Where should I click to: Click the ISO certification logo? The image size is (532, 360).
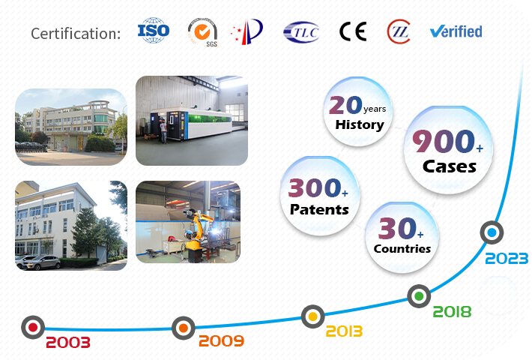point(154,31)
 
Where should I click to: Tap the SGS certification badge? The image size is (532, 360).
point(203,32)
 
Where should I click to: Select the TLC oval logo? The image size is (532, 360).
point(301,32)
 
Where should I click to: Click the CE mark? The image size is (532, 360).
point(353,31)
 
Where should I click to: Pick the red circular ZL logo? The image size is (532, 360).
point(399,31)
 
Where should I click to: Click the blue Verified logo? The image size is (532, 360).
point(456,31)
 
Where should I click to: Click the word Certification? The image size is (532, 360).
point(76,34)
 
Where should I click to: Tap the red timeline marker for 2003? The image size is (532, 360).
point(33,328)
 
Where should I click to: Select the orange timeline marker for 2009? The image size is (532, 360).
point(184,328)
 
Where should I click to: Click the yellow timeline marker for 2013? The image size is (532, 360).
point(312,316)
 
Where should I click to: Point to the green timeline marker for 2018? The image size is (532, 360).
point(419,296)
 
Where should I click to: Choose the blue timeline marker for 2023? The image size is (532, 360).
point(492,232)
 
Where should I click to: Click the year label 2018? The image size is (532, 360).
point(452,312)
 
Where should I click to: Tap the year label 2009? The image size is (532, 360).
point(221,340)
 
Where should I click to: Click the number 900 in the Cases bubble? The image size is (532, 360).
point(444,141)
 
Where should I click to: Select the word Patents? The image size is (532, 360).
point(319,209)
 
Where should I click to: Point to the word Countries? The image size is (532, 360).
point(402,248)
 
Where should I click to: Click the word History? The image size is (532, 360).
point(360,124)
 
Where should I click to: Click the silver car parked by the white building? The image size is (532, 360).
point(41,262)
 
